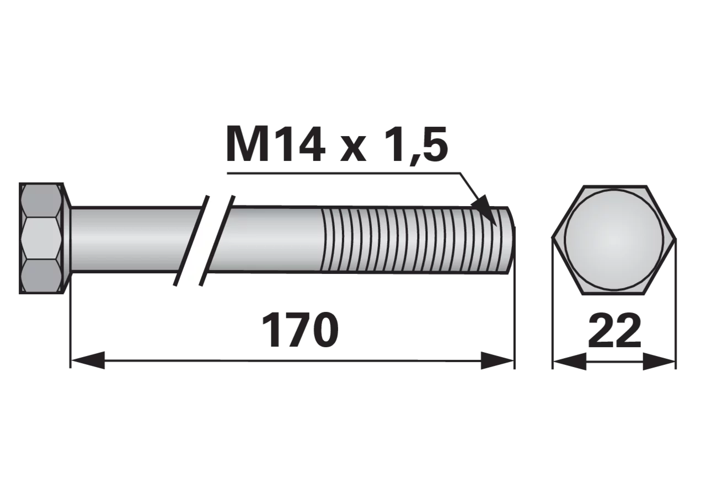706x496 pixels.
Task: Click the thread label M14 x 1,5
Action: click(x=336, y=144)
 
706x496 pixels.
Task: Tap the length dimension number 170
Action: click(x=300, y=330)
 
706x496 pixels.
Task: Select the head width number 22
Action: click(x=614, y=331)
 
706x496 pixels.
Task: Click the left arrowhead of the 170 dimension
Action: click(x=87, y=360)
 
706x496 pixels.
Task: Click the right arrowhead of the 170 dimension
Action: click(x=498, y=360)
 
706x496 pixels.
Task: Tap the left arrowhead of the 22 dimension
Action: click(x=570, y=361)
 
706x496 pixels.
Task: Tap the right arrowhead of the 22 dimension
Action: click(x=659, y=361)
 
